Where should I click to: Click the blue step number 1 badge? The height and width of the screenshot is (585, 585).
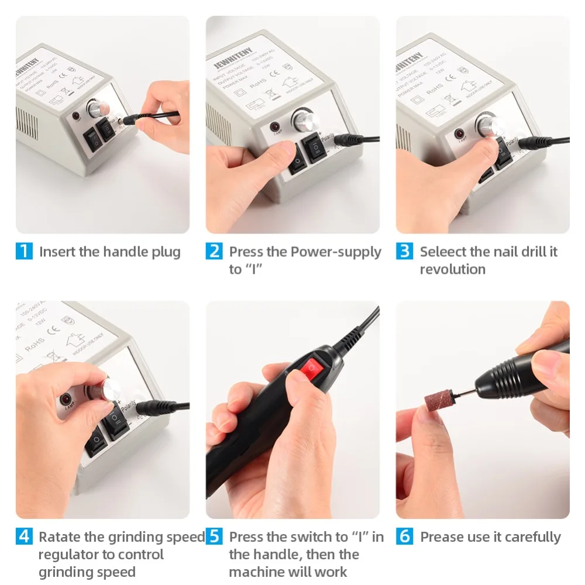[x=24, y=252]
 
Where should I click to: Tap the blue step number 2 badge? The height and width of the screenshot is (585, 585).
[x=214, y=252]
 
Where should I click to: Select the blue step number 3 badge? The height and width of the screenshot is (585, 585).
[x=404, y=252]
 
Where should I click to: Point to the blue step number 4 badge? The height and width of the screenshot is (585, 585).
[x=24, y=536]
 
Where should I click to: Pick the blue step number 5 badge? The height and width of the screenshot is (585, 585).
[x=214, y=536]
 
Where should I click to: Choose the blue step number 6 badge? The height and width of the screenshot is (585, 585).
[x=404, y=536]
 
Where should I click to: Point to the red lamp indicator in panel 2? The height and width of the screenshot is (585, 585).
[x=274, y=126]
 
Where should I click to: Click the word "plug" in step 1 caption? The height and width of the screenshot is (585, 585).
[x=165, y=253]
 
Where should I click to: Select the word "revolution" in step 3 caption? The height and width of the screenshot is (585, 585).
[x=452, y=270]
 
